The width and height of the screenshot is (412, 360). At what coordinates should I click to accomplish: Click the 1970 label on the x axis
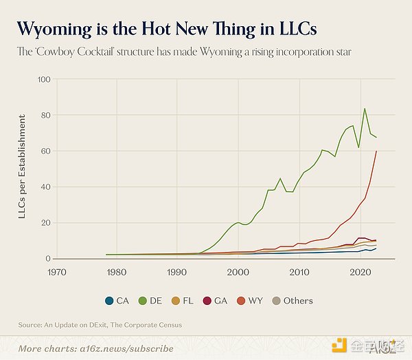[57, 273]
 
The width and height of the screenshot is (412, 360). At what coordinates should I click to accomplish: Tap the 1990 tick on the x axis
[178, 273]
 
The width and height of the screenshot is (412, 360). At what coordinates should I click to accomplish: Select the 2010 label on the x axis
[299, 273]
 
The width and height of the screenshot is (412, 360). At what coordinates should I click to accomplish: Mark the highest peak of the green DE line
[365, 109]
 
